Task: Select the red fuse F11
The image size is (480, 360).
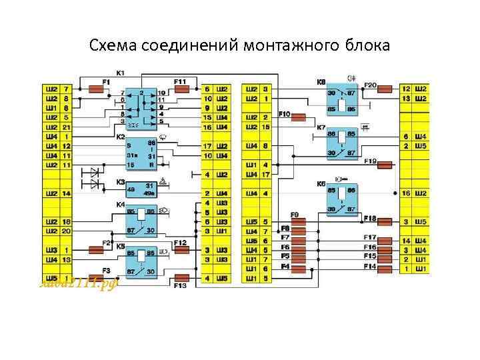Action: coord(181,88)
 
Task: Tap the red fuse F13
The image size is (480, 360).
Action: coord(181,277)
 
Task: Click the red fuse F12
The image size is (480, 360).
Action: coord(181,250)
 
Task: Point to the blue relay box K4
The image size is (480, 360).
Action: coord(141,221)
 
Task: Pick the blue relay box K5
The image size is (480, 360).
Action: coord(141,261)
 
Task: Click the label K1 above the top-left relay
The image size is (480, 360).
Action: coord(121,73)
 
